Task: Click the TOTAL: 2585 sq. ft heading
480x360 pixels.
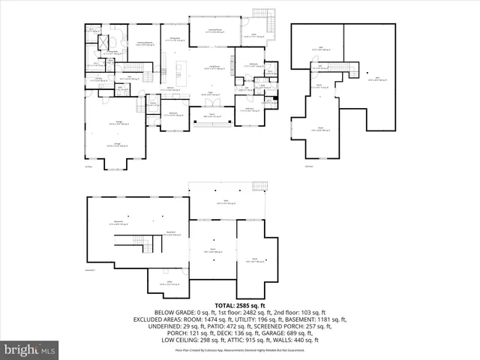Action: [239, 306]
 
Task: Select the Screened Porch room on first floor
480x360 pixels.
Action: [219, 32]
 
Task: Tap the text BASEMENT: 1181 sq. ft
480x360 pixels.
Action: [308, 319]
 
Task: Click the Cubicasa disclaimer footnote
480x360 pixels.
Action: [239, 350]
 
